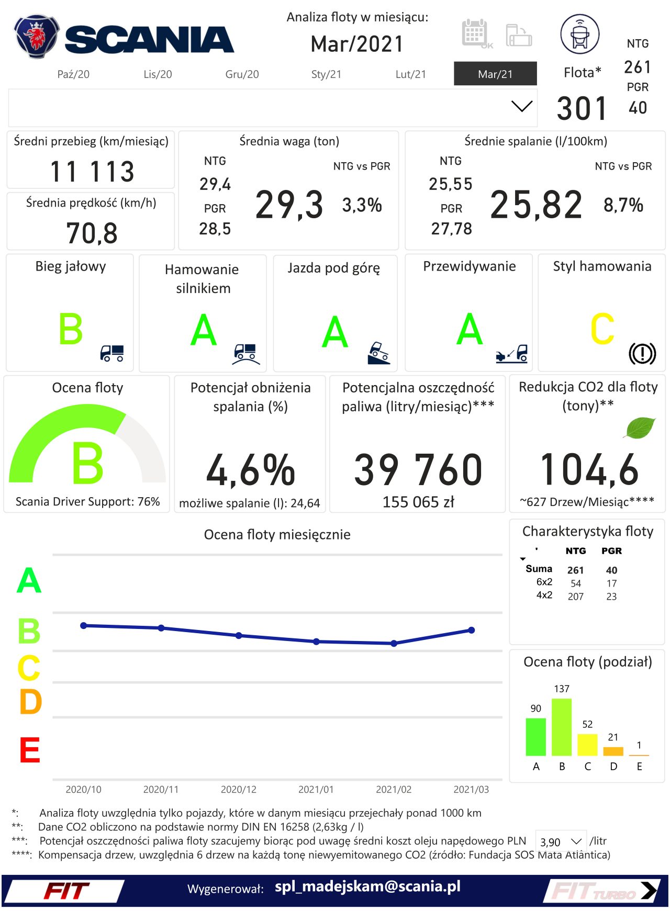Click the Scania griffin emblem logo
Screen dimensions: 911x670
36,37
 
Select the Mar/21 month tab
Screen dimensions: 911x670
495,74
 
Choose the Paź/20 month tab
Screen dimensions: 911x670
73,74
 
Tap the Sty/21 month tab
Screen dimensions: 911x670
326,74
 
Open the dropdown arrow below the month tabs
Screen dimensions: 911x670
521,107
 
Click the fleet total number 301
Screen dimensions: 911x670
582,108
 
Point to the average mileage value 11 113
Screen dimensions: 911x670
92,171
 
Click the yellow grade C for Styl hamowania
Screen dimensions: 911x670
602,329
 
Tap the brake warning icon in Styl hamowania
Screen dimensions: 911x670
642,353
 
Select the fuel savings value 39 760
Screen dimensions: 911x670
418,469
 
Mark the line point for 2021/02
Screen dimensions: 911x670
394,643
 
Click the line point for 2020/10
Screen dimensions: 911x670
84,625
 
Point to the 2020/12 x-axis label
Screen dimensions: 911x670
239,789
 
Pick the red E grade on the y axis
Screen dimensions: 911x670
30,750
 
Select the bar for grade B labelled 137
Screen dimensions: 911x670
562,727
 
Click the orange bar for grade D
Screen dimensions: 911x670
613,751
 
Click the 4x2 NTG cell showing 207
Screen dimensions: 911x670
576,597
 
